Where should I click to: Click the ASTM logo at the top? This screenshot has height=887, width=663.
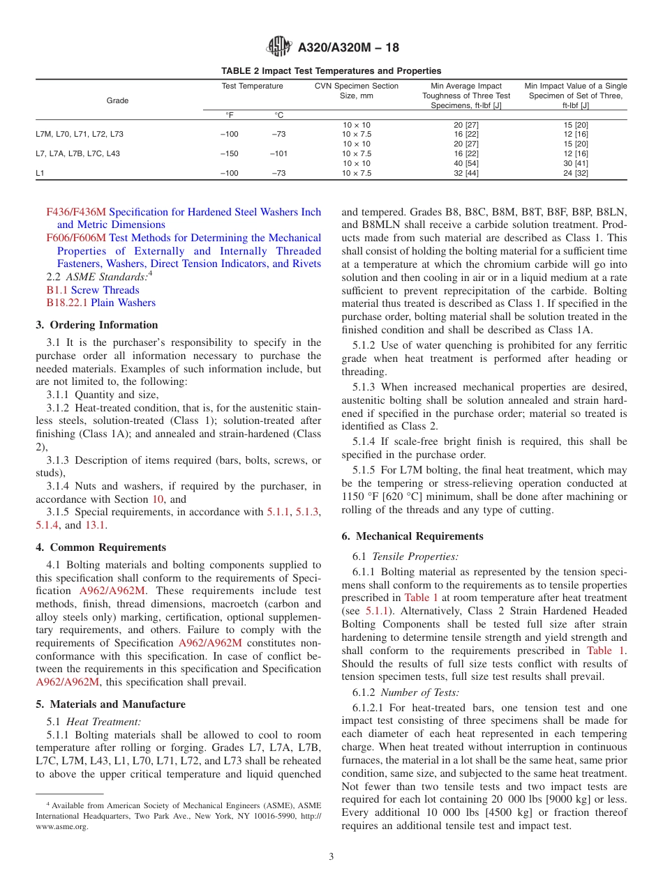[280, 47]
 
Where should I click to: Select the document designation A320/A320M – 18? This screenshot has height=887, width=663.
[348, 48]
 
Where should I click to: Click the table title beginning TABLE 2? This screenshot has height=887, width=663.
[331, 71]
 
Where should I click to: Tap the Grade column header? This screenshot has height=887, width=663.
[117, 100]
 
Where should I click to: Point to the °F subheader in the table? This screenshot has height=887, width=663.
[229, 115]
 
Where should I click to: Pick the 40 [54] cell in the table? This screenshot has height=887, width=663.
[466, 163]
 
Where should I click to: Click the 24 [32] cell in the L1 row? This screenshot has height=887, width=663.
[576, 173]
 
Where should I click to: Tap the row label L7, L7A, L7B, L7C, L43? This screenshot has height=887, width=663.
[78, 153]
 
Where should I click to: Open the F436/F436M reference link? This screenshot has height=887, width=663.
[76, 212]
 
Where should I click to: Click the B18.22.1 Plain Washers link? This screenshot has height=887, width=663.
[101, 303]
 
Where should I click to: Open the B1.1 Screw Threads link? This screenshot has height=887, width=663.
[93, 290]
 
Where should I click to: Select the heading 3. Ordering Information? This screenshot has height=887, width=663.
[97, 325]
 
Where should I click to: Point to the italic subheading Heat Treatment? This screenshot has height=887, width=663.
[103, 722]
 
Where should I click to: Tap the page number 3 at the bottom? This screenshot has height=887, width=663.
[331, 857]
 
